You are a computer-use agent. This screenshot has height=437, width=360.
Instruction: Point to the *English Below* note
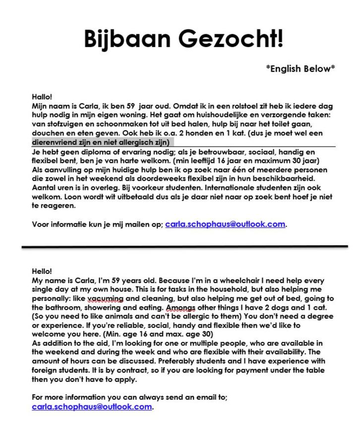pos(300,68)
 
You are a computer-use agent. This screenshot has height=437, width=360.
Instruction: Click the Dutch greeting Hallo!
pos(42,97)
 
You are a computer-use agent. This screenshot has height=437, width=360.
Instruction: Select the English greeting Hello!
pos(42,271)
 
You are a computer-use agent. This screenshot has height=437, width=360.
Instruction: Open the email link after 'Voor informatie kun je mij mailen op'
pos(225,224)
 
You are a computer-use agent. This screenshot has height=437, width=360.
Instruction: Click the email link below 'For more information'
pos(92,407)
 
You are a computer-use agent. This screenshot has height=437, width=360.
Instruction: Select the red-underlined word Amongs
pos(180,307)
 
